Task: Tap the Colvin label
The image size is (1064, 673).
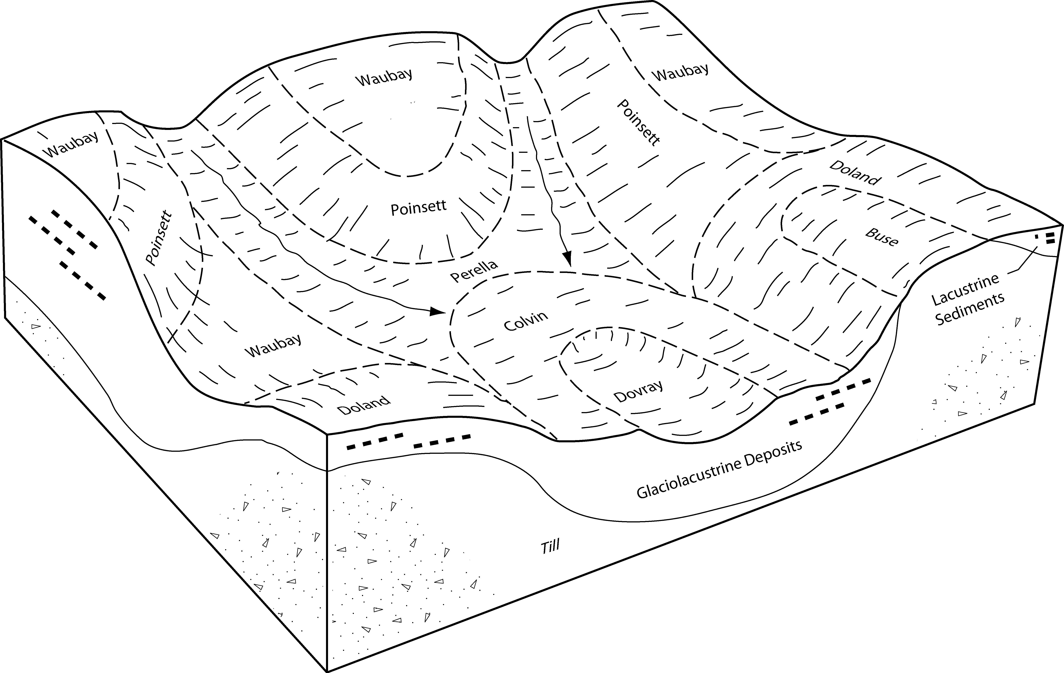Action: (526, 320)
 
